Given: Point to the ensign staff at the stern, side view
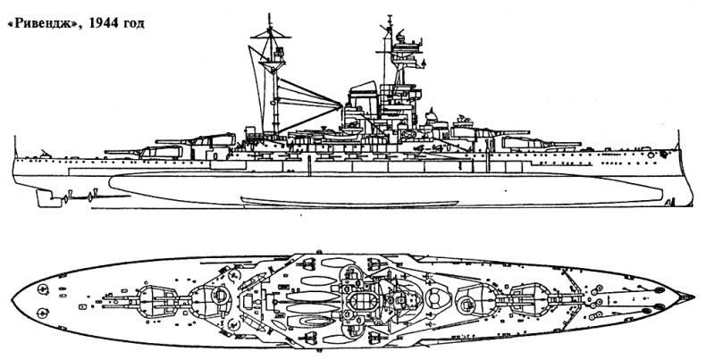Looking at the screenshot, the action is (x=15, y=147).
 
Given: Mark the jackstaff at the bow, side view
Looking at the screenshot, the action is (x=678, y=139).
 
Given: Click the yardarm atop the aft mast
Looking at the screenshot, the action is (x=272, y=36).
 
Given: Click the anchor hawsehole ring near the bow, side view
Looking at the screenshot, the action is (x=651, y=155).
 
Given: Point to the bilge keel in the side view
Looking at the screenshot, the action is (x=343, y=201).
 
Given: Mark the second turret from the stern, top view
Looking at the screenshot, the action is (x=211, y=300).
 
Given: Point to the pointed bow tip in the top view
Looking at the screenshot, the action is (x=693, y=297).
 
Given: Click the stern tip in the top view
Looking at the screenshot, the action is (x=13, y=299).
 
